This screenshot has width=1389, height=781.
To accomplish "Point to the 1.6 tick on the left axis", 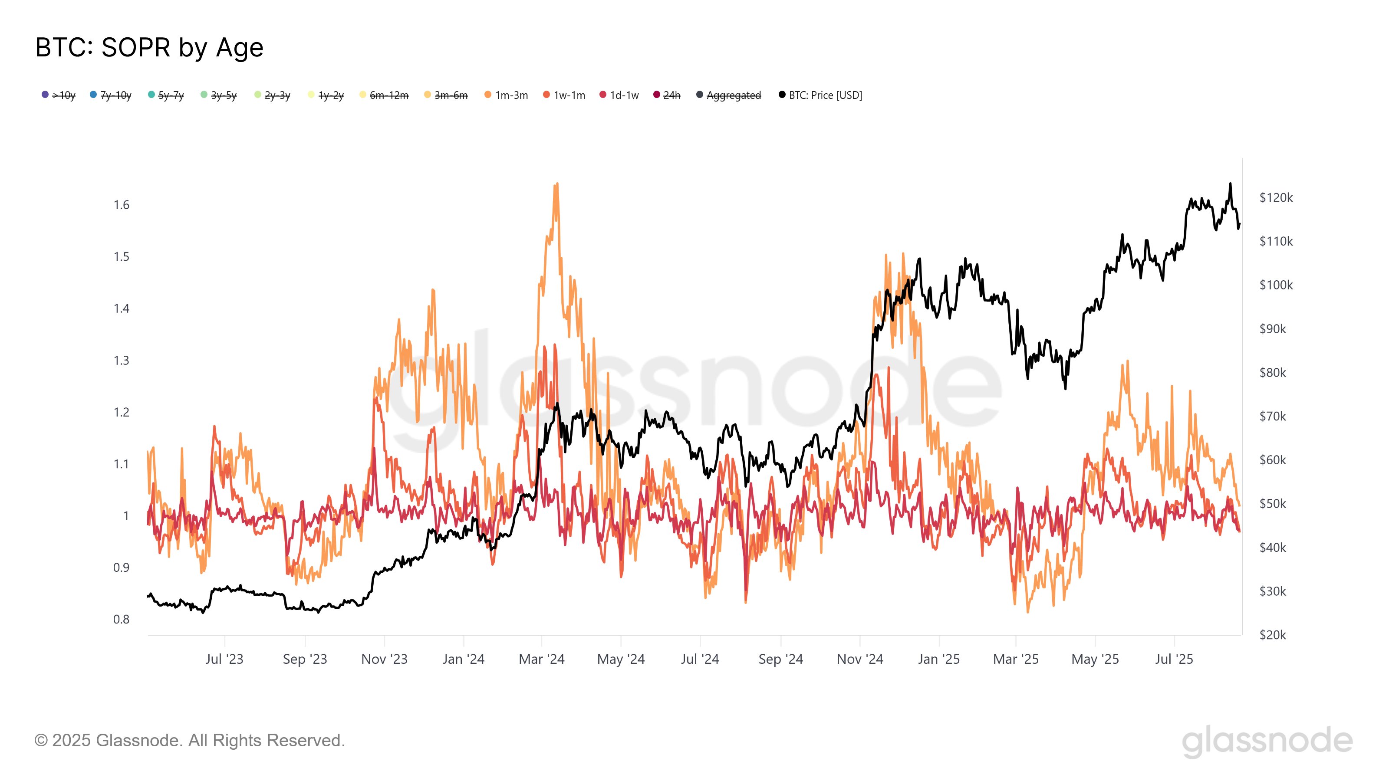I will (122, 205).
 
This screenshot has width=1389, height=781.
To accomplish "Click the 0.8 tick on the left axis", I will (122, 619).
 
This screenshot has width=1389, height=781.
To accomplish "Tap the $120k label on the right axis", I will (1276, 198).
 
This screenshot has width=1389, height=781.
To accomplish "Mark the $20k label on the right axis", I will (1273, 635).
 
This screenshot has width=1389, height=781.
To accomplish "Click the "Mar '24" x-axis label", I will (541, 659).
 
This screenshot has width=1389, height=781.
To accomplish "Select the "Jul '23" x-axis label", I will (224, 659).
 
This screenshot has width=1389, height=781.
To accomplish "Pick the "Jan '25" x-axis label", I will (939, 659).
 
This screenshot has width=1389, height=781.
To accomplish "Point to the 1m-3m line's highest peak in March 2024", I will (556, 184).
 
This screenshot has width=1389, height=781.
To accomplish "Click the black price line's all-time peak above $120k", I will (1230, 184).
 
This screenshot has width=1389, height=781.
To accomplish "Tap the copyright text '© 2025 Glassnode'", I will (189, 741).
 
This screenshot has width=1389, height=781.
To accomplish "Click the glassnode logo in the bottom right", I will (1267, 741).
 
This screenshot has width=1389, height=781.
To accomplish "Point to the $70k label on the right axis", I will (1273, 416).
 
